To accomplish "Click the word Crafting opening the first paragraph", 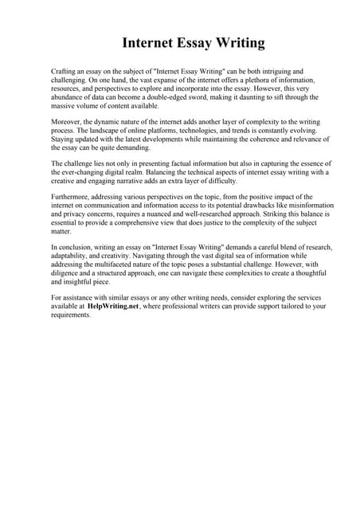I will [x=65, y=72].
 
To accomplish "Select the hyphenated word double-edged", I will [x=188, y=97].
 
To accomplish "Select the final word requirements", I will [x=72, y=315].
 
